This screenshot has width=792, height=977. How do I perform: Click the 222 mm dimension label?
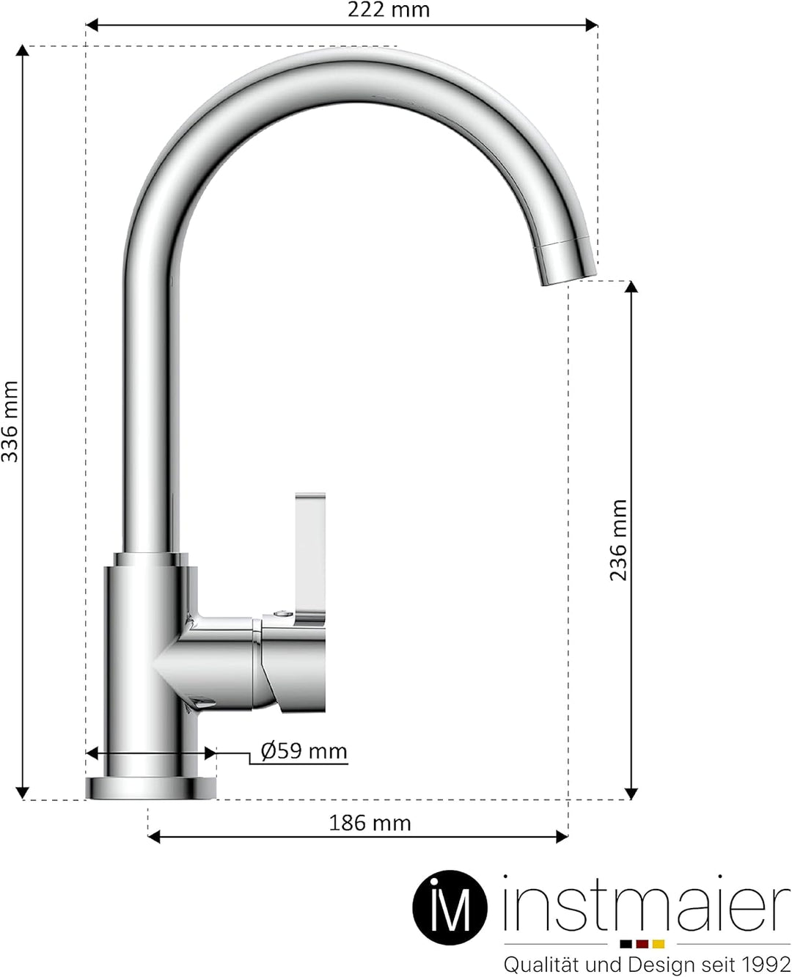tap(388, 10)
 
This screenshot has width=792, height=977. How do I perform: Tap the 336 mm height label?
tap(10, 422)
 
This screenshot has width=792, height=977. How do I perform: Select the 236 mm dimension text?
tap(619, 540)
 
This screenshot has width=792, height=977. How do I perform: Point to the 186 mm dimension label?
tap(370, 823)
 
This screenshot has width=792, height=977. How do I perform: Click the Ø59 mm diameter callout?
tap(304, 751)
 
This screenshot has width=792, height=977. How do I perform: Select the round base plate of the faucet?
tap(151, 788)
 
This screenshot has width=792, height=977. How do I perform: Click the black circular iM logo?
tap(449, 907)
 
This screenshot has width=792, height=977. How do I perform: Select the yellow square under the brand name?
tap(659, 944)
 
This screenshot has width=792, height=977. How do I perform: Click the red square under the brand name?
tap(642, 944)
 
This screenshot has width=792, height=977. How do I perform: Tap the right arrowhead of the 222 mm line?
tap(592, 25)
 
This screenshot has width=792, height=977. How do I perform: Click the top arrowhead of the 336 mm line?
tap(23, 51)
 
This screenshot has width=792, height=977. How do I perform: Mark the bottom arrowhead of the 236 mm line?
tap(631, 794)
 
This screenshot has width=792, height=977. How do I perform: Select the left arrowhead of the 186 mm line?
tap(153, 836)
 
